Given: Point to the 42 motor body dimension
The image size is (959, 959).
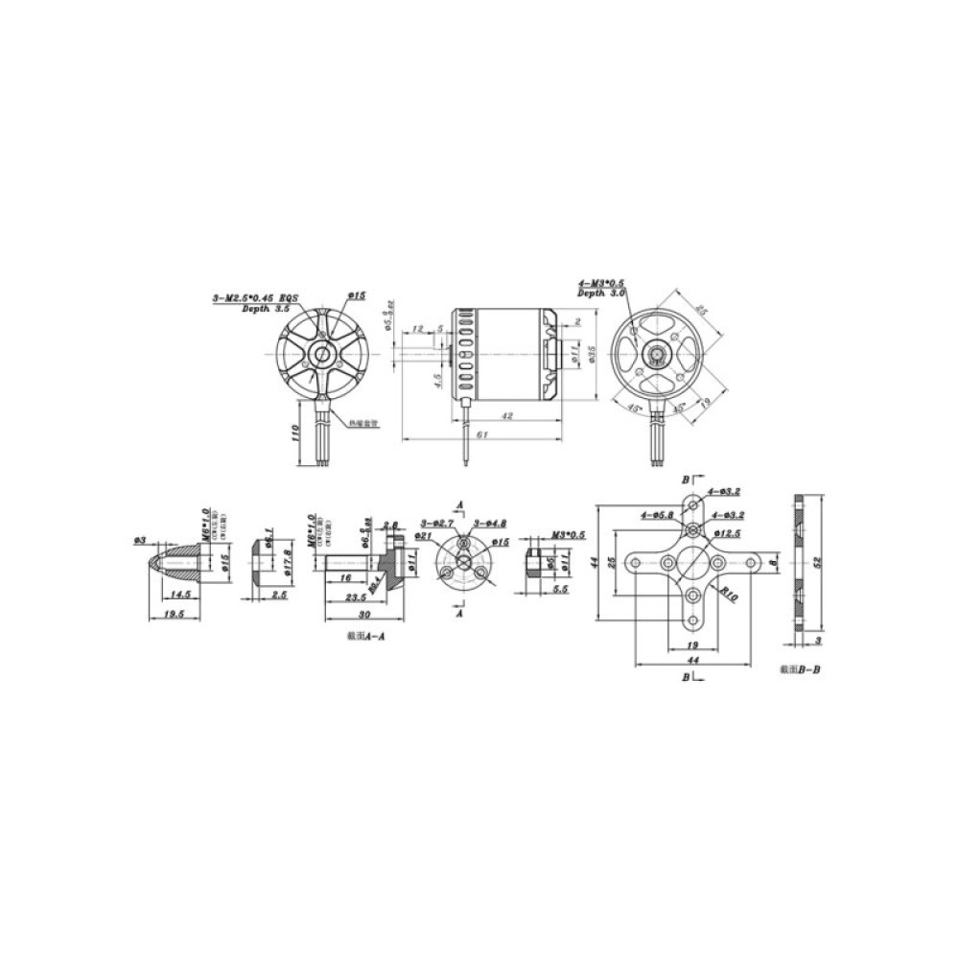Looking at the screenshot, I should pyautogui.click(x=506, y=415).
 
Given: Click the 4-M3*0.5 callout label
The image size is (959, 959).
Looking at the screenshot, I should pyautogui.click(x=601, y=283).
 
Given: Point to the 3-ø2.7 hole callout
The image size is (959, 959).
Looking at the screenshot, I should pyautogui.click(x=435, y=522).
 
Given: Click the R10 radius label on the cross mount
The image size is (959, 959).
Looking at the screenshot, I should pyautogui.click(x=731, y=596).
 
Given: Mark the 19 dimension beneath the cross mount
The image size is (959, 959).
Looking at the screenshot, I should pyautogui.click(x=691, y=645).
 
